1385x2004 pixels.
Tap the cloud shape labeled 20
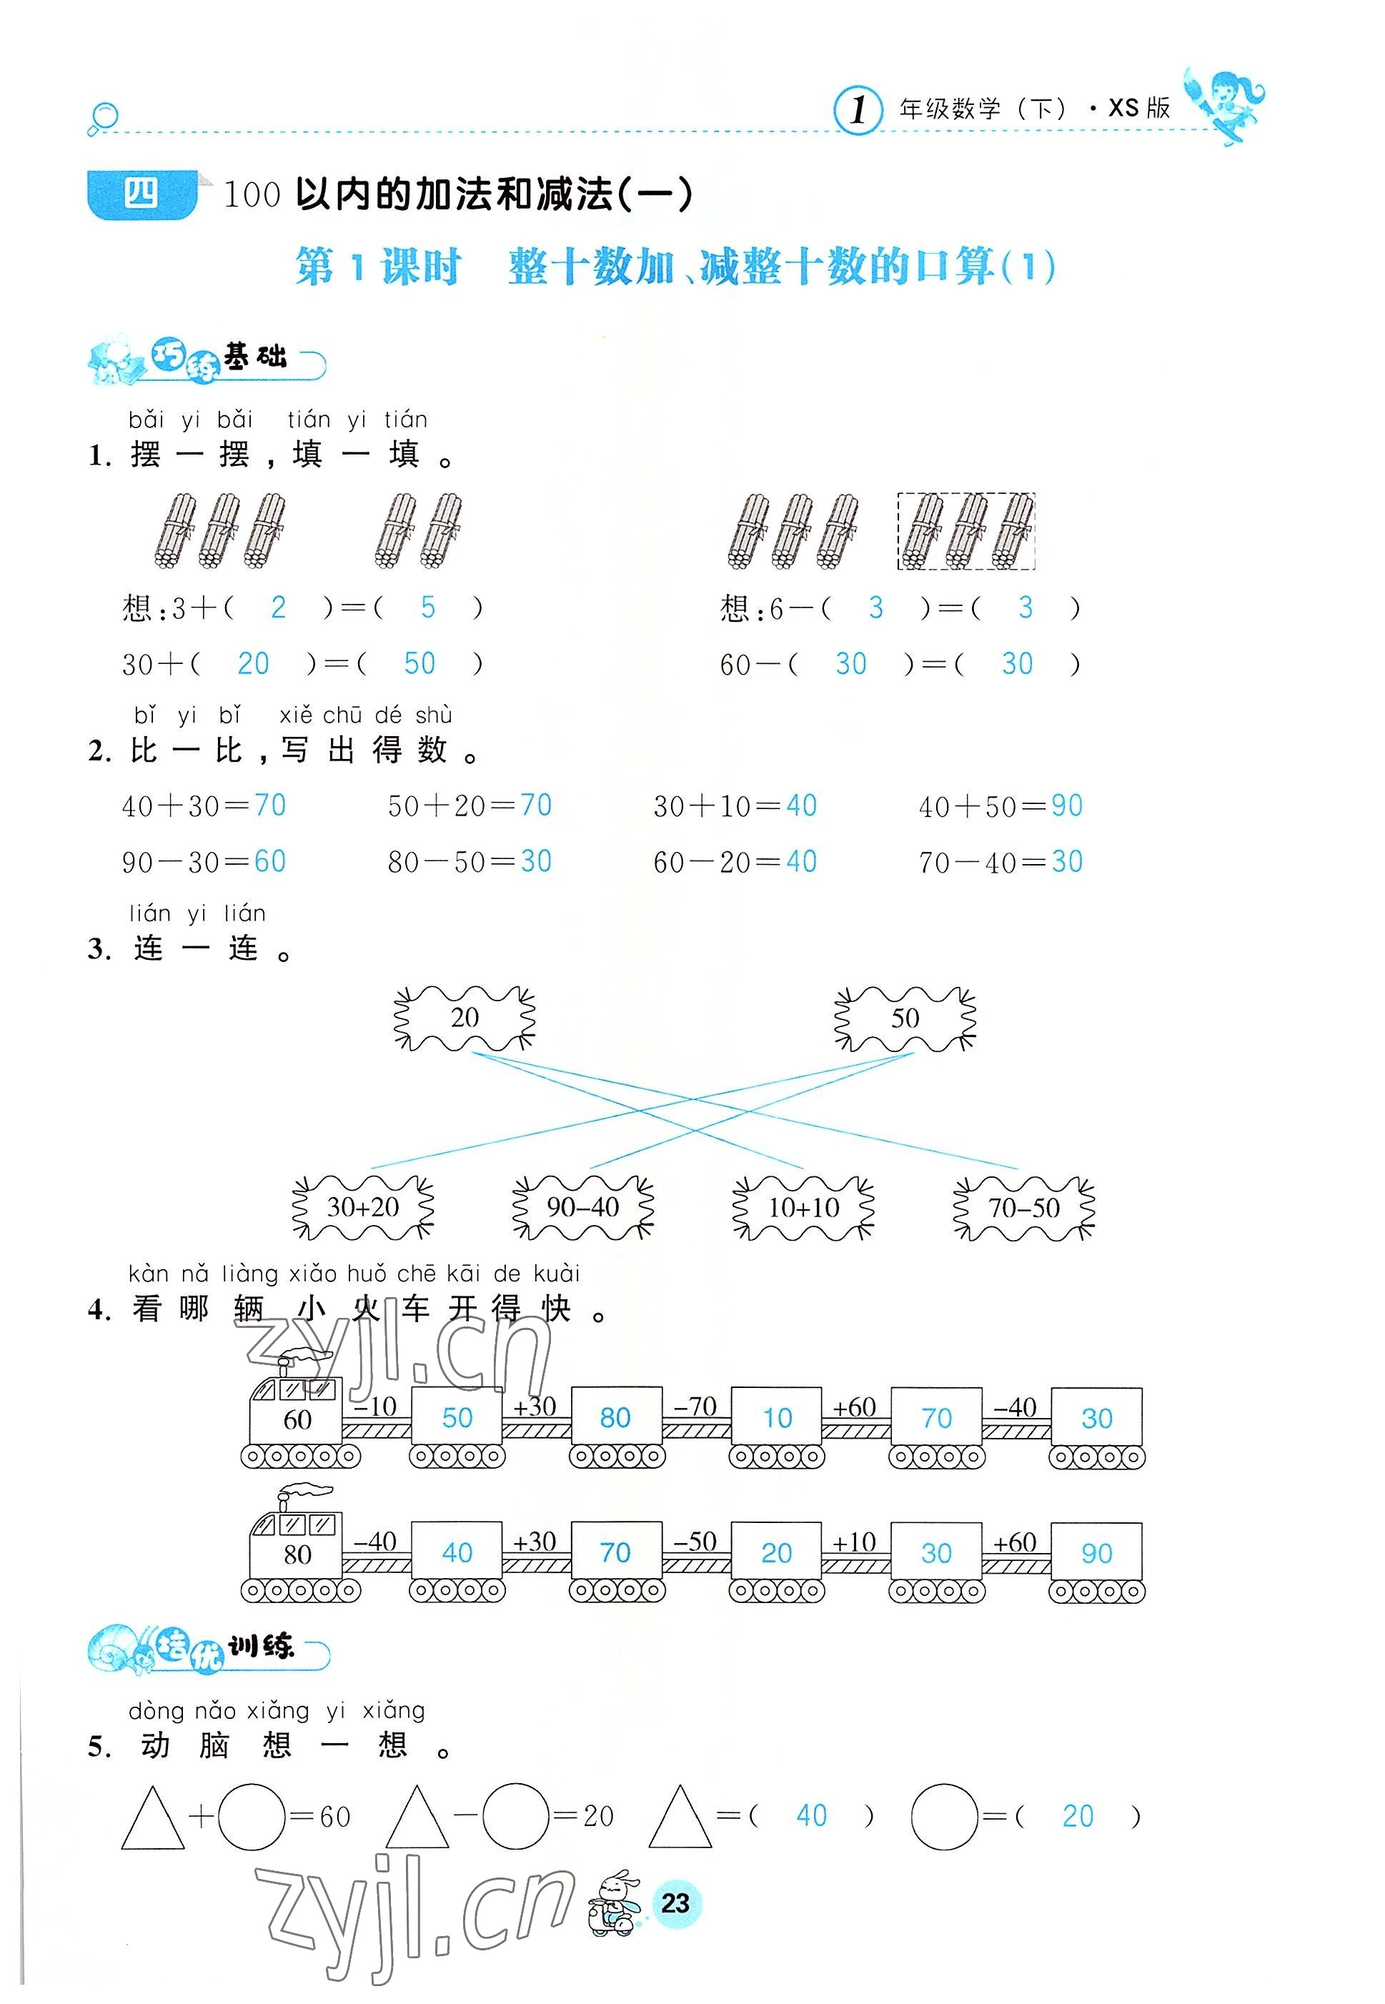465,1017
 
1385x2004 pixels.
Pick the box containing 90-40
582,1207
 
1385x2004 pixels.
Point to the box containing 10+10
803,1207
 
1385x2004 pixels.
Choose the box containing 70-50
1024,1207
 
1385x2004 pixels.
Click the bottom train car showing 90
1097,1553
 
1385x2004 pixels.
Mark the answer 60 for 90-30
270,862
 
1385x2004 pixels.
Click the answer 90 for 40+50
1066,806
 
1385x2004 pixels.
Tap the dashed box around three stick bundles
966,531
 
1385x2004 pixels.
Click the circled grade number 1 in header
858,110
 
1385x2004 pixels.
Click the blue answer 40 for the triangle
811,1815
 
